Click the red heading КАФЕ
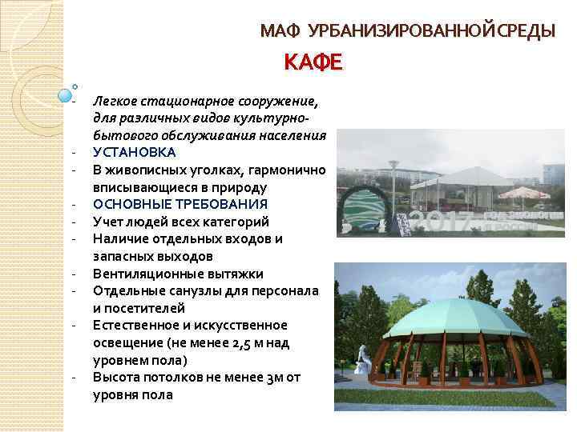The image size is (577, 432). tap(313, 62)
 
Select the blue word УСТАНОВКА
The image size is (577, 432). tap(135, 152)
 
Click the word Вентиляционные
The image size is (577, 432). tap(143, 274)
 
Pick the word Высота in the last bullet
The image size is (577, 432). tap(115, 377)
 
